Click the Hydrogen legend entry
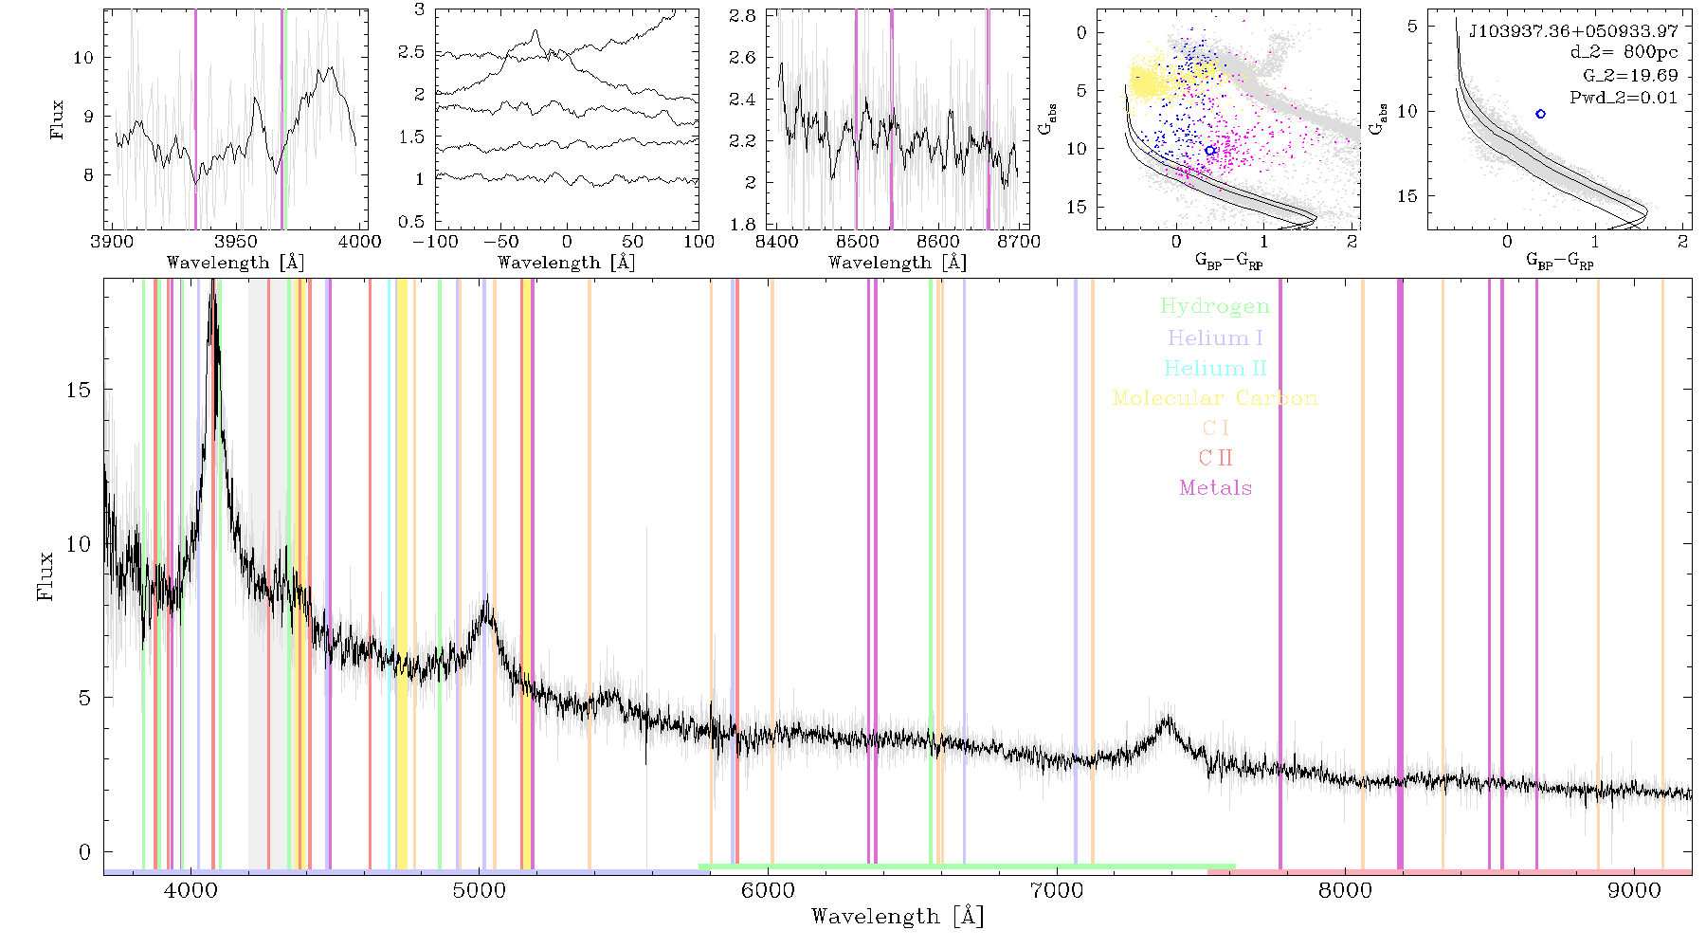point(1214,306)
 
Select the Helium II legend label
point(1215,368)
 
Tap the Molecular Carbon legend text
point(1215,398)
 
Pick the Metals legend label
point(1216,488)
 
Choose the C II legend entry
point(1216,458)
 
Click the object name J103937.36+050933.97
point(1573,31)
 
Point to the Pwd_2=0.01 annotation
point(1624,98)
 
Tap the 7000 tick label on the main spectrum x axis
point(1056,890)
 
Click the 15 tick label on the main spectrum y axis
point(80,390)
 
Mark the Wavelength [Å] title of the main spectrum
point(898,917)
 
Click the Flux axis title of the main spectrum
point(45,575)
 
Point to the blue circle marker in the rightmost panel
point(1540,114)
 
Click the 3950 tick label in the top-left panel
point(236,242)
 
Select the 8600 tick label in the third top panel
point(938,242)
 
